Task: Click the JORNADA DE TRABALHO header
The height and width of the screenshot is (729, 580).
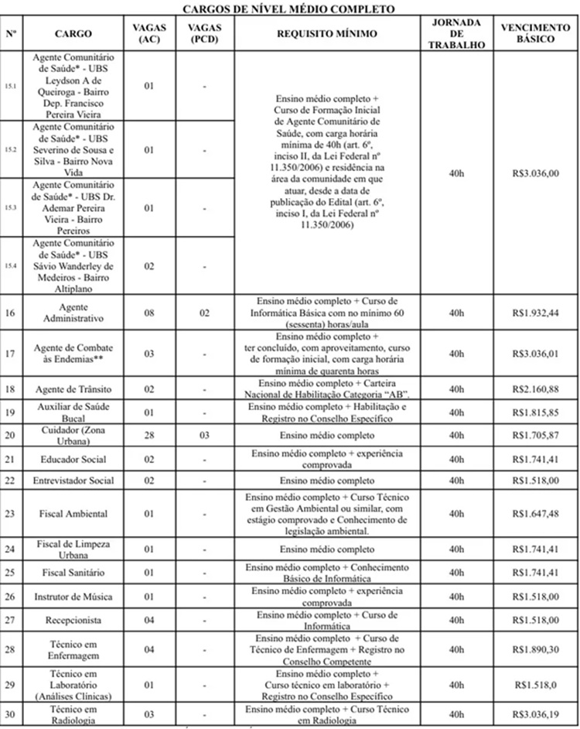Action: (457, 34)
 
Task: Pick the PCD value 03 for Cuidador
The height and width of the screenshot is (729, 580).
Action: (204, 436)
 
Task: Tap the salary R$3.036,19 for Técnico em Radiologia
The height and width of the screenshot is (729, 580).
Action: (534, 714)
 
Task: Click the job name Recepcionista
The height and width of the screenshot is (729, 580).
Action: (73, 620)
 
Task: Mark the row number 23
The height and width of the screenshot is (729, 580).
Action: (10, 513)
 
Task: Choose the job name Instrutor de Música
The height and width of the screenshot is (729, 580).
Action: (73, 596)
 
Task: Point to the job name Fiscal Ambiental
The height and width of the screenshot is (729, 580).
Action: (73, 513)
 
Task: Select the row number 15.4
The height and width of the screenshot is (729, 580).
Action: (11, 265)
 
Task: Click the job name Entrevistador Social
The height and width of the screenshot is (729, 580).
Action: (73, 480)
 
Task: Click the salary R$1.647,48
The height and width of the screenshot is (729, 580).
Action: (534, 513)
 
